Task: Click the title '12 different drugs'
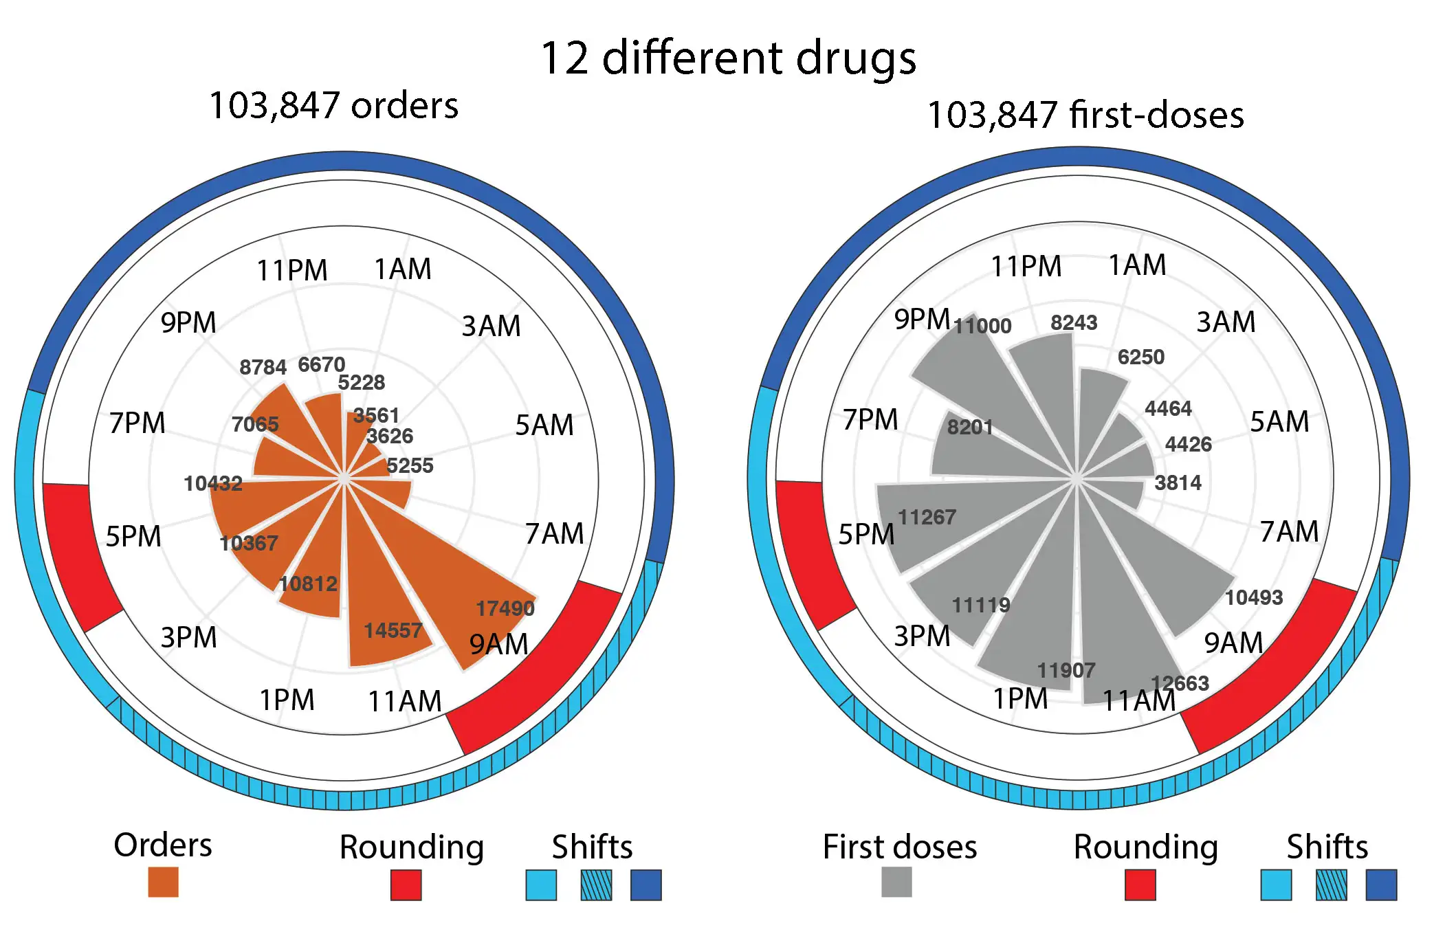(728, 58)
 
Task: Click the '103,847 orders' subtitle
(333, 106)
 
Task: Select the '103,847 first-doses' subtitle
(1085, 115)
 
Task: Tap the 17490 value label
(505, 608)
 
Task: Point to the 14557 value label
(393, 630)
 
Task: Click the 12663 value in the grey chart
(1180, 683)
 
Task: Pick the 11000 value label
(982, 326)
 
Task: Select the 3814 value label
(1178, 482)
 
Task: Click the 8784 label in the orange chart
(263, 367)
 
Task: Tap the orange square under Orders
(163, 882)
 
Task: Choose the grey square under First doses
(896, 882)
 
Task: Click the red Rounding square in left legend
(406, 885)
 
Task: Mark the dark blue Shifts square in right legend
(1381, 885)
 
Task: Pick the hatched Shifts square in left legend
(595, 885)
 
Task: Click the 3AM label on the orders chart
(491, 326)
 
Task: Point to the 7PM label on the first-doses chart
(870, 419)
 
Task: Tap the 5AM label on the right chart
(1279, 421)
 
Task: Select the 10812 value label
(308, 584)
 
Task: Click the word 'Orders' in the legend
(163, 845)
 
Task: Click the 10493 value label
(1254, 597)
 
